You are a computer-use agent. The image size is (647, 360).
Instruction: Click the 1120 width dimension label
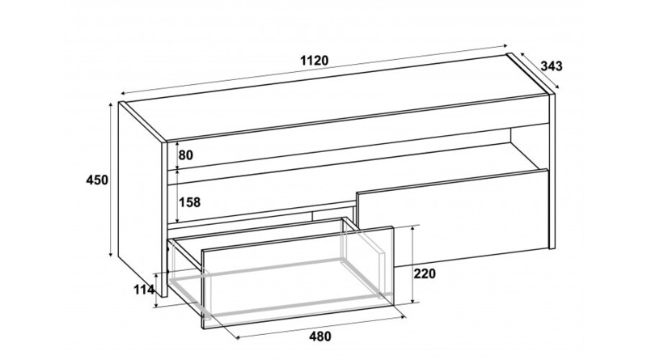(315, 61)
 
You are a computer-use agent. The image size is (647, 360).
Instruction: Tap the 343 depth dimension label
(552, 66)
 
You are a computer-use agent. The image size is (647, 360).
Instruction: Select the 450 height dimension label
(97, 180)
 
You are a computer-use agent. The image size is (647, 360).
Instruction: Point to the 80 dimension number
(186, 155)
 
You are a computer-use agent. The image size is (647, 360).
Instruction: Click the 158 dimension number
(189, 202)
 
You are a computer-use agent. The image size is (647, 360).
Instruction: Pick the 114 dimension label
(144, 290)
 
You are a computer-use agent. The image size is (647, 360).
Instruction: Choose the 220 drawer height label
(425, 273)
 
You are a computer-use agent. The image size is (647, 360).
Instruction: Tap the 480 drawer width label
(319, 337)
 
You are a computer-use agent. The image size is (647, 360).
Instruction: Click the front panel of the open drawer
(297, 277)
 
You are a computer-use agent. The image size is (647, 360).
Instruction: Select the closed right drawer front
(453, 218)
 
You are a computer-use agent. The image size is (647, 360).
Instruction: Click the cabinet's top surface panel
(337, 98)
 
